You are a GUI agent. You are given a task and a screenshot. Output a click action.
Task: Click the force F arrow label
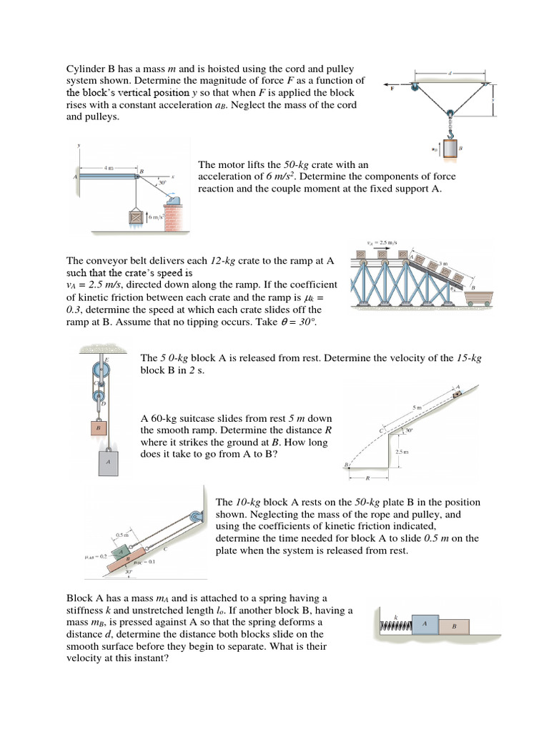coord(392,89)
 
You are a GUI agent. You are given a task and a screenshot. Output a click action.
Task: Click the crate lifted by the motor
coord(136,218)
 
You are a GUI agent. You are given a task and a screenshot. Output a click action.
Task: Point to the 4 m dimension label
coord(109,168)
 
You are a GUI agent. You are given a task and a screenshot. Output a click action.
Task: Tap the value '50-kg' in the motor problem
coord(288,165)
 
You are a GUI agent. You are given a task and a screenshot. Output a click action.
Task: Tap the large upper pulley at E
coord(99,371)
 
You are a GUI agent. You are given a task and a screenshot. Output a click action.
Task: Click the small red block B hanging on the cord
coord(99,427)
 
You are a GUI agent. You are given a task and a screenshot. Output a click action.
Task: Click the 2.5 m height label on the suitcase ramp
coord(401,452)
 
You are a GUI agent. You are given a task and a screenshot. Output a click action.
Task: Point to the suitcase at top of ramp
coord(457,392)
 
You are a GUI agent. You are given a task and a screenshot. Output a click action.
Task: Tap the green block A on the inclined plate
coord(124,552)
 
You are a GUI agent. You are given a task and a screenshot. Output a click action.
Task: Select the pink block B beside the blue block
coord(452,626)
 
